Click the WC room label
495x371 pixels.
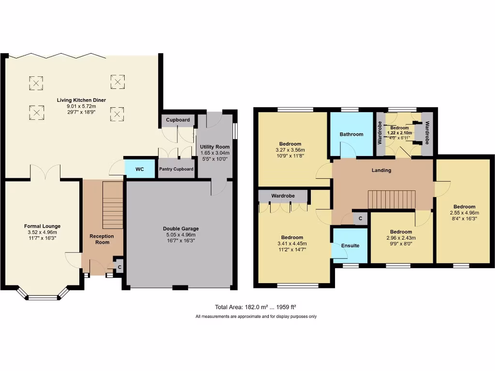click(x=140, y=170)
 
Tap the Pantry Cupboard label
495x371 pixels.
click(x=177, y=169)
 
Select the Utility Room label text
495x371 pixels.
click(x=215, y=146)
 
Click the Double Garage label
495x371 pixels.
click(x=181, y=228)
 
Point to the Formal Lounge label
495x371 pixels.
click(x=43, y=226)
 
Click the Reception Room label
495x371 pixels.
click(x=102, y=239)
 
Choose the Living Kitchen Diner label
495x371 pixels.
click(x=81, y=100)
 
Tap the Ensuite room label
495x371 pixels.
click(x=350, y=245)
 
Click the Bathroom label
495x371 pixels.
click(x=351, y=134)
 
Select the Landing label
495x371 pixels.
click(x=381, y=170)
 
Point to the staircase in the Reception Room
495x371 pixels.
click(x=113, y=205)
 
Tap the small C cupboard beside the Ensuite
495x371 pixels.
click(x=360, y=219)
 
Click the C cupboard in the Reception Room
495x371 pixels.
click(x=119, y=266)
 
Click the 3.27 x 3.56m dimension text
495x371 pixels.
click(x=291, y=150)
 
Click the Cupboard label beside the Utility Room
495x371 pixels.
click(x=178, y=120)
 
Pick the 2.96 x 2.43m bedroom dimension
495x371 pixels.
click(x=401, y=238)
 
